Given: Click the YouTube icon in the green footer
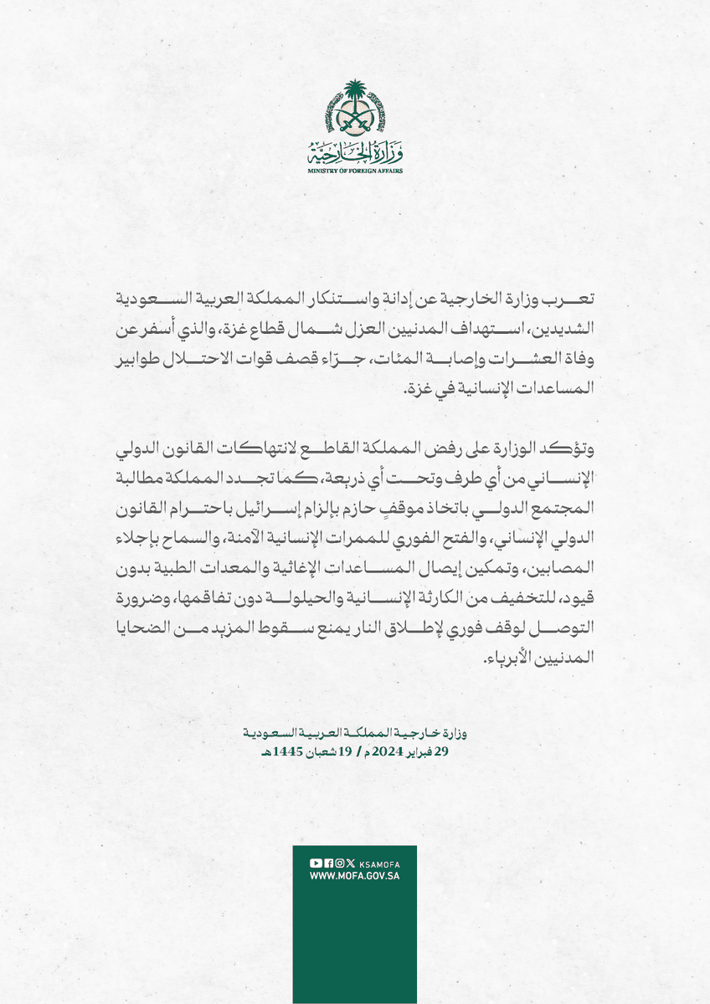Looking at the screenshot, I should pyautogui.click(x=316, y=863).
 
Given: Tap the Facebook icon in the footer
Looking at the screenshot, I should pyautogui.click(x=327, y=863).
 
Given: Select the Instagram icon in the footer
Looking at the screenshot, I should pyautogui.click(x=338, y=863).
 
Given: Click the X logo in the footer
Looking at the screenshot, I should pyautogui.click(x=350, y=863).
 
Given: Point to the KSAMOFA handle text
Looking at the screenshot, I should pyautogui.click(x=378, y=863).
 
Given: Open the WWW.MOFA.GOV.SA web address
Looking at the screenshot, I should pyautogui.click(x=355, y=875).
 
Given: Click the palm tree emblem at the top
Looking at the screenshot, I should pyautogui.click(x=355, y=109).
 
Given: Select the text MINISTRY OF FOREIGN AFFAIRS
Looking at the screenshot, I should pyautogui.click(x=355, y=171).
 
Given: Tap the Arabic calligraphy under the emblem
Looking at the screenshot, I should pyautogui.click(x=355, y=152).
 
